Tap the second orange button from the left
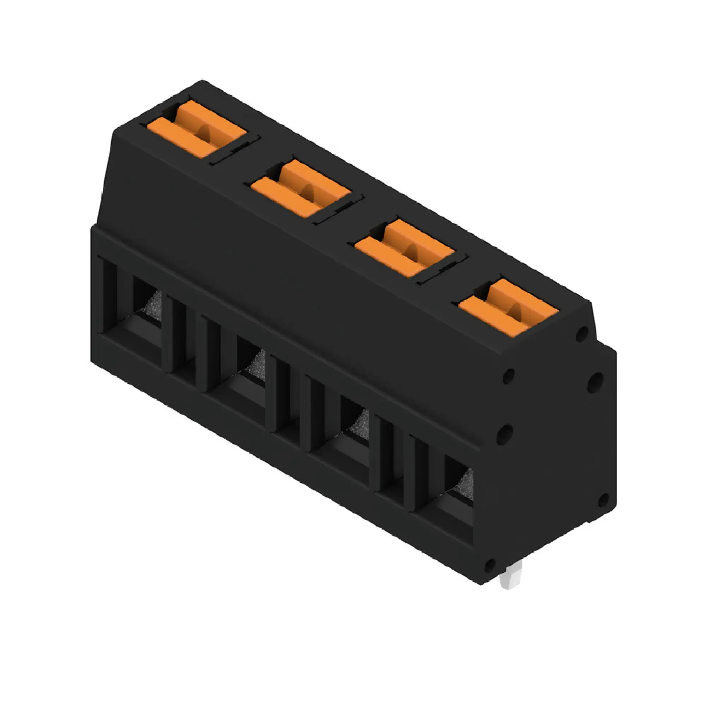click(300, 188)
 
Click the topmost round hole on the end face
click(582, 334)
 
